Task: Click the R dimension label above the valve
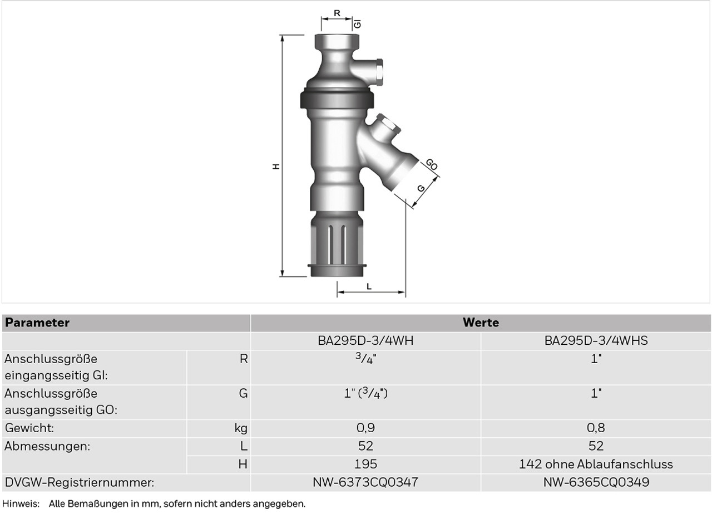click(x=337, y=13)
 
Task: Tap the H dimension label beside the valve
click(x=276, y=166)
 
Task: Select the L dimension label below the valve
click(x=369, y=286)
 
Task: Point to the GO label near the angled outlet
click(x=432, y=164)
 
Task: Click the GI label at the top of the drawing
click(x=358, y=24)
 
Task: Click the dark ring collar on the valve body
click(x=337, y=100)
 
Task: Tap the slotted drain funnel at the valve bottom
click(x=337, y=244)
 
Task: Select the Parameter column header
click(x=37, y=323)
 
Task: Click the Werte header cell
click(x=481, y=323)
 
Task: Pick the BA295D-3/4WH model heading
click(x=365, y=340)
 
